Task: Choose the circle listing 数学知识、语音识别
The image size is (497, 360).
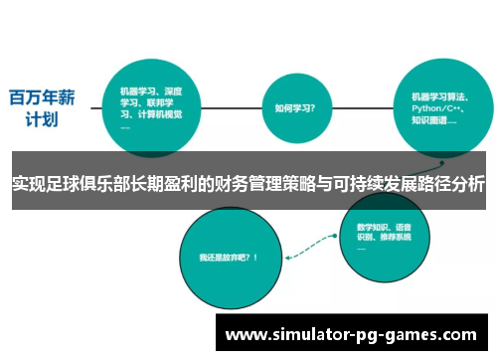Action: click(x=388, y=234)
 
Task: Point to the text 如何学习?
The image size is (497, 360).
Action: click(x=294, y=107)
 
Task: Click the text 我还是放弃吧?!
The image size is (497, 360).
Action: click(x=228, y=257)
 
